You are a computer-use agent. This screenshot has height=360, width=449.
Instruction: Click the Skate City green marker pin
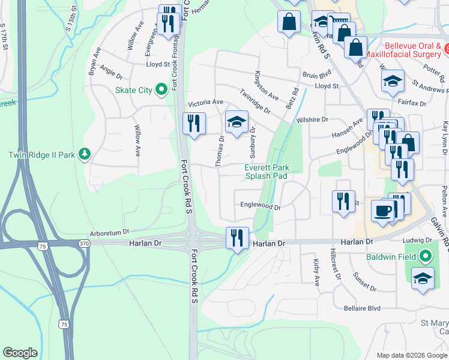[x=161, y=90]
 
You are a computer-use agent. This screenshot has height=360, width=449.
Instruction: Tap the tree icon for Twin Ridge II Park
[x=85, y=155]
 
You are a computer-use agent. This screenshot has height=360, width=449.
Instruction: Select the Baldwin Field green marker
[x=426, y=257]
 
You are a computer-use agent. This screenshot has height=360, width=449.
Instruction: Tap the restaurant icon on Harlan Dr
[x=238, y=237]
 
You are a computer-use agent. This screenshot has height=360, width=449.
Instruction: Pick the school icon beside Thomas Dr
[x=237, y=122]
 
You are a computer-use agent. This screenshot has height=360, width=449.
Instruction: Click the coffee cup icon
[x=384, y=210]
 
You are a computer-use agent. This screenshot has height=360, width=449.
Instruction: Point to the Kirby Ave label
[x=316, y=272]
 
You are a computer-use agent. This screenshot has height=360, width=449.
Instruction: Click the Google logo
[x=20, y=353]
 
